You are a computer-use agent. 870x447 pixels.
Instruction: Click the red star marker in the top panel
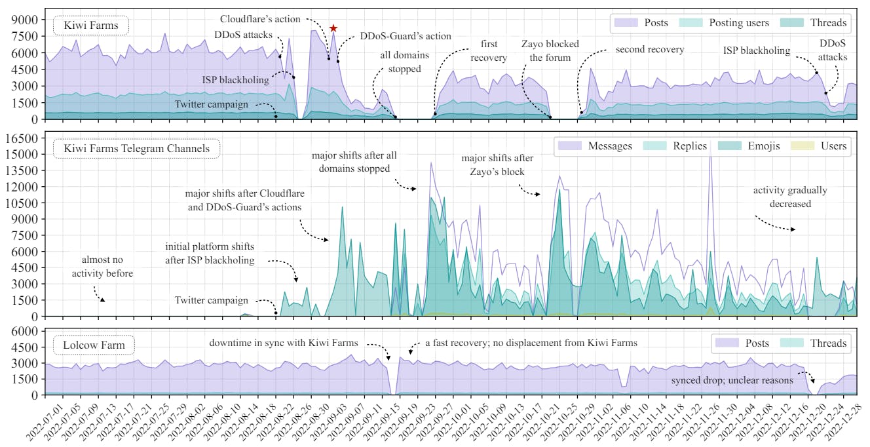333,28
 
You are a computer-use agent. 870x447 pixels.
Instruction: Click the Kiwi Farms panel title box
91,26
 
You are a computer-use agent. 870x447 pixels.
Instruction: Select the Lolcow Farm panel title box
93,345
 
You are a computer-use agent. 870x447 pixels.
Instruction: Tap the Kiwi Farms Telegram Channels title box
136,148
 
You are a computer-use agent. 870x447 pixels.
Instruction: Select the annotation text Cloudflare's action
260,19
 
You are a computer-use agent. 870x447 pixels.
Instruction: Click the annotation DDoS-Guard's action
406,37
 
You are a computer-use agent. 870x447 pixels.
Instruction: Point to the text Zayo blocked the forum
550,50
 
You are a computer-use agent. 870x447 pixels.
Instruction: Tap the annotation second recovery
649,49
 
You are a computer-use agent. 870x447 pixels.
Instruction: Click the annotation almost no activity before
102,267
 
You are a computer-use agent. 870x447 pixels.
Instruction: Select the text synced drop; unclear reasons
732,380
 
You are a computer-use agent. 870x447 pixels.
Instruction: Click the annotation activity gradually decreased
790,197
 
